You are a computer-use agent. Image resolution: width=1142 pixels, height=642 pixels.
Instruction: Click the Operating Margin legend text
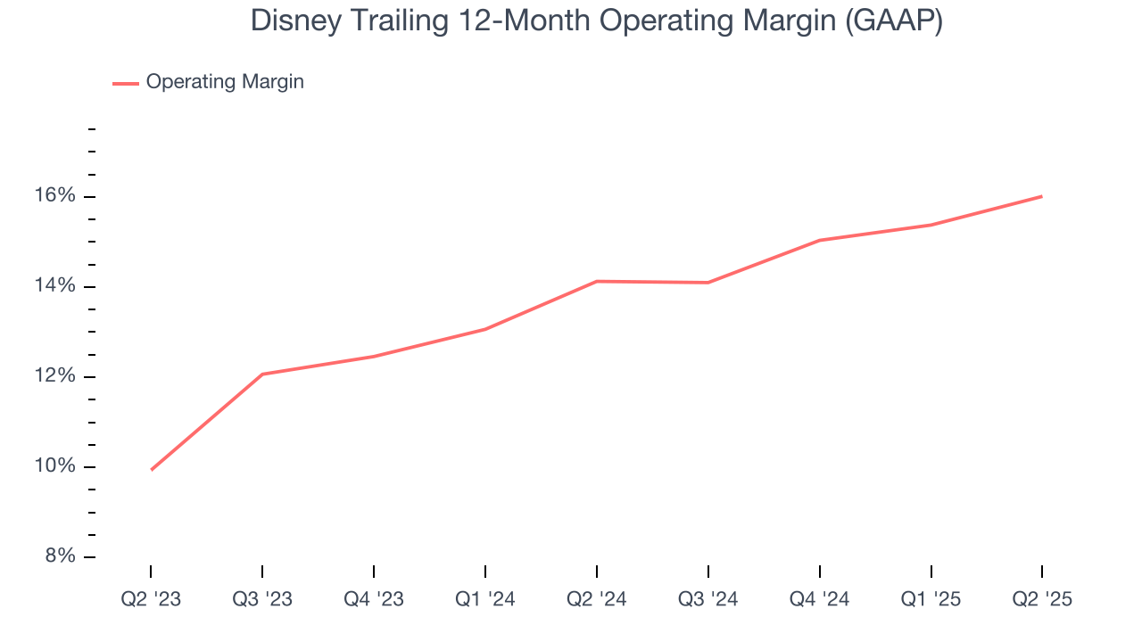click(x=225, y=82)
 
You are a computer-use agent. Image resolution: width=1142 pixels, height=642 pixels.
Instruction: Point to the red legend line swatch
click(x=126, y=83)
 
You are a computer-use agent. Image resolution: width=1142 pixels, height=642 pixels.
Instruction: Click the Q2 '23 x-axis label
click(x=151, y=600)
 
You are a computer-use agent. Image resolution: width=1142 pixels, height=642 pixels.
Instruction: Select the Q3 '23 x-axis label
click(x=262, y=600)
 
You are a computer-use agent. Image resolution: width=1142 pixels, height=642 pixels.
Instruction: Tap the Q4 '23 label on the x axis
click(x=374, y=600)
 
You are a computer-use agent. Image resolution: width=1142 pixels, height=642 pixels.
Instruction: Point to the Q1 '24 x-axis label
click(x=485, y=600)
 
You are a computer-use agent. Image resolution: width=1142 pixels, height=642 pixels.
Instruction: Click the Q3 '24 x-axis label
click(x=708, y=600)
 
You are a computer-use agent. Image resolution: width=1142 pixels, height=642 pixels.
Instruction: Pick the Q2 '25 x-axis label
click(x=1042, y=600)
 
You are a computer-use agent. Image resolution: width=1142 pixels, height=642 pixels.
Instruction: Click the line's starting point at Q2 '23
click(x=152, y=469)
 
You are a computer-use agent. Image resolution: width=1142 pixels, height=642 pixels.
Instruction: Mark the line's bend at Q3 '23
click(x=262, y=374)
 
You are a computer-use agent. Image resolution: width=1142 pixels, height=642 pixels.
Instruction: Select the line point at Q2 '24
click(x=597, y=281)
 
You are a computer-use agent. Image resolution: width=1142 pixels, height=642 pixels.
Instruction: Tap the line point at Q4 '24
click(x=820, y=240)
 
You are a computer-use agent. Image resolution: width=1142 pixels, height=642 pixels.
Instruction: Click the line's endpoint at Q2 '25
click(x=1041, y=196)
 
